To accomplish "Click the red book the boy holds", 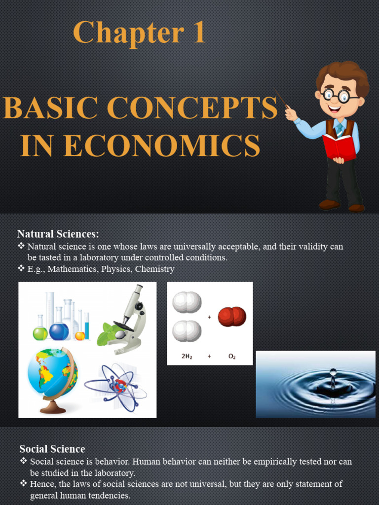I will (340, 146).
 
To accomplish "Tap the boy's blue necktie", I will (340, 130).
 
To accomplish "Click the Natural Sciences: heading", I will (58, 234).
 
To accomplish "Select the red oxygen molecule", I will (232, 316).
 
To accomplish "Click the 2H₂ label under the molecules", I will (187, 355).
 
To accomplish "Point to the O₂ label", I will (232, 355).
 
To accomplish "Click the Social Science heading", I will (52, 449).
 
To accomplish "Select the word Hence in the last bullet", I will (41, 484).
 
